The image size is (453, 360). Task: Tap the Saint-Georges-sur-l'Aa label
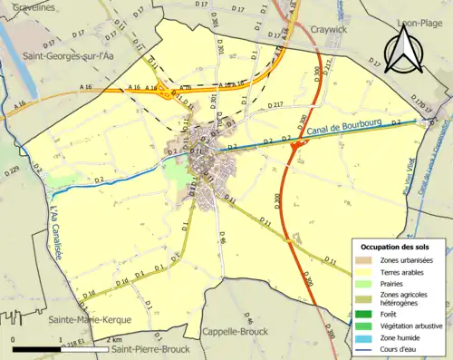pos(58,56)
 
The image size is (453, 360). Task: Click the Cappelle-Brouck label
pos(235,332)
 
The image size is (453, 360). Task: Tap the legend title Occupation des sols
pos(398,247)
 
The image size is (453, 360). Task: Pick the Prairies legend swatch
pos(365,282)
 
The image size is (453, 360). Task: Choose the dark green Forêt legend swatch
pos(365,314)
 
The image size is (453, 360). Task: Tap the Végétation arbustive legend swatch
pos(365,325)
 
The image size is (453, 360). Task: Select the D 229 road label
pos(10,170)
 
